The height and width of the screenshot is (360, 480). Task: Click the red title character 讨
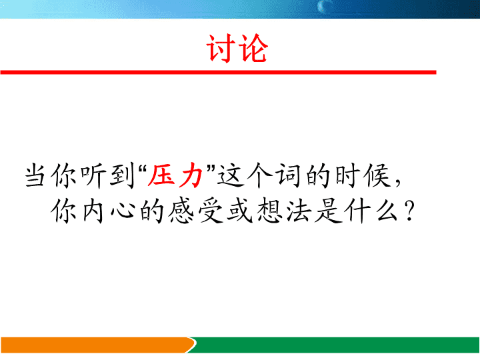(221, 49)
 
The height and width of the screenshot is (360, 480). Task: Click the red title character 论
(253, 49)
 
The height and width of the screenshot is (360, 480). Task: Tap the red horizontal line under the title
(218, 72)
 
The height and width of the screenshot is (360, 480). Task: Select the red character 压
(161, 176)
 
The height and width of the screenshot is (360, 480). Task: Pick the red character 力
(191, 176)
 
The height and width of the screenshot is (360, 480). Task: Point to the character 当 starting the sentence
(35, 176)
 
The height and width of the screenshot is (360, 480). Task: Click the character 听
(93, 176)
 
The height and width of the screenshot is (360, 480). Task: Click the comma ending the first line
(397, 183)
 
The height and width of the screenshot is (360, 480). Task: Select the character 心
(123, 211)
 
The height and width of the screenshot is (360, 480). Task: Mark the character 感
(181, 211)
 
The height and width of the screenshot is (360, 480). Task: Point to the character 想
(269, 211)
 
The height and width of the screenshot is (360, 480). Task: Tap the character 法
(299, 211)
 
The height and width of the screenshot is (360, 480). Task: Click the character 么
(387, 211)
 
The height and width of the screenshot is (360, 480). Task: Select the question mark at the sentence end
(409, 211)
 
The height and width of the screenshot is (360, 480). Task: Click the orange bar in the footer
(98, 345)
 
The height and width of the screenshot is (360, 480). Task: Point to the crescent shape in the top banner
(322, 6)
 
